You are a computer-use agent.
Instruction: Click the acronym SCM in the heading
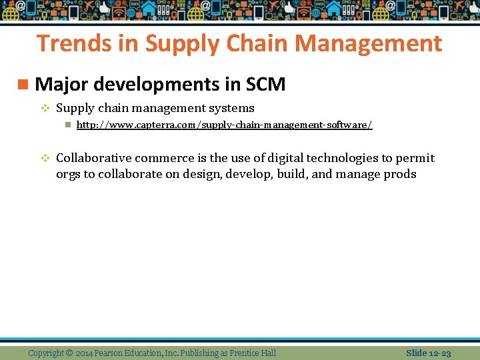click(x=266, y=85)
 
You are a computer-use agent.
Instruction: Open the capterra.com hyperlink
click(x=224, y=125)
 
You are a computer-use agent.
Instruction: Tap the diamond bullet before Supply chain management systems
click(x=45, y=108)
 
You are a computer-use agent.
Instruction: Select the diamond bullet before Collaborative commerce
click(x=45, y=158)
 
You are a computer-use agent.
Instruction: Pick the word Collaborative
click(x=93, y=158)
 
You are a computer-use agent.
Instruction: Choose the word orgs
click(x=67, y=175)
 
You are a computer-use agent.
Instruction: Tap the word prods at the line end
click(x=400, y=175)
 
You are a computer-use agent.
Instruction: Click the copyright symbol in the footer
click(x=70, y=353)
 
